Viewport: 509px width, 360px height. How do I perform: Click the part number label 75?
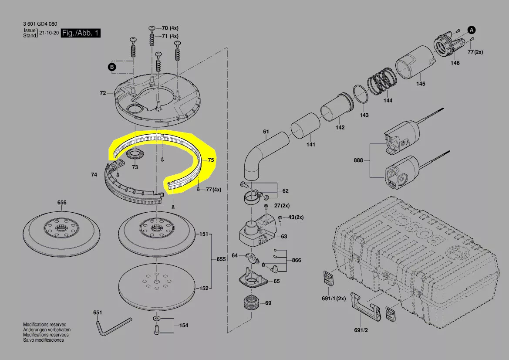coord(211,160)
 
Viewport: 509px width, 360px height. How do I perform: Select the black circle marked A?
coord(472,30)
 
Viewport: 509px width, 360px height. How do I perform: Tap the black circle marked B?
coord(111,67)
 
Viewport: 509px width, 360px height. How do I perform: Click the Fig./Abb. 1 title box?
coord(81,33)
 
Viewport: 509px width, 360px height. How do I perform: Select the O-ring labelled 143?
coord(361,94)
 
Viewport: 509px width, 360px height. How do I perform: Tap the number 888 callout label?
coord(358,160)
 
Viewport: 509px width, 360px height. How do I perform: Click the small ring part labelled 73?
coord(135,154)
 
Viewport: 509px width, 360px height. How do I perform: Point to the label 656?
coord(62,202)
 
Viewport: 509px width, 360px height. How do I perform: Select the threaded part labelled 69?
coord(251,304)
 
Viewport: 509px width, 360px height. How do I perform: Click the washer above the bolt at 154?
coord(156,317)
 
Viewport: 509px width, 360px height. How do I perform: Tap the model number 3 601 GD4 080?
coord(40,24)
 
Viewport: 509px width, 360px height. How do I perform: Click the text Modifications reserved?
coord(44,324)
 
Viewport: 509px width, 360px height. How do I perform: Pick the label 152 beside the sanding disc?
coord(203,288)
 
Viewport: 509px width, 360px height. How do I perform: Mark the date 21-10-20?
coord(49,33)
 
